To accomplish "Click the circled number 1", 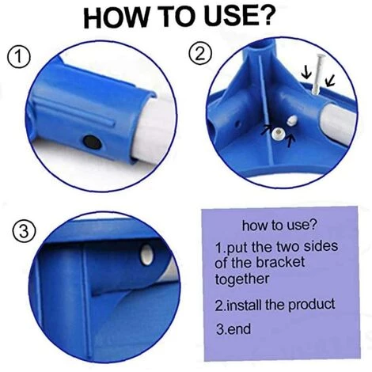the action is (x=19, y=57).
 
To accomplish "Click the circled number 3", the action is (x=24, y=232).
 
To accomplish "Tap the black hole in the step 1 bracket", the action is (x=92, y=142).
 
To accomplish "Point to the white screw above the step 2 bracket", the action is (x=318, y=74).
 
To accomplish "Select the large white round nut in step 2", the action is (x=279, y=133).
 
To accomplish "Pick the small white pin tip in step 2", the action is (x=292, y=120).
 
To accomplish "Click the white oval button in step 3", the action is (x=146, y=255).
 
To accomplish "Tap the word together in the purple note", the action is (x=242, y=279).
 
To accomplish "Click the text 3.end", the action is (x=233, y=329).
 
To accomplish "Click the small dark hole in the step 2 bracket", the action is (x=237, y=123).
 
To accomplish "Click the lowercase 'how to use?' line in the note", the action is (x=279, y=225).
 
